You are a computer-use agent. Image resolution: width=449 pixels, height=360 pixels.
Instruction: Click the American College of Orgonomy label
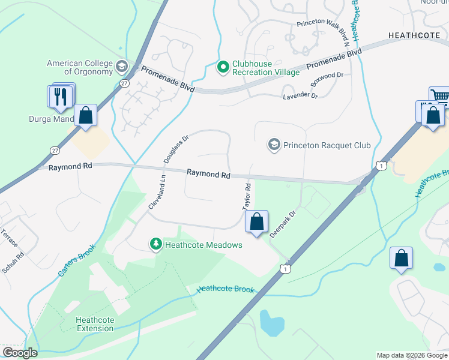[80, 67]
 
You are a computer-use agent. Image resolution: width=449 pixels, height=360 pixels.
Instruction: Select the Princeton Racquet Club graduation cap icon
[274, 145]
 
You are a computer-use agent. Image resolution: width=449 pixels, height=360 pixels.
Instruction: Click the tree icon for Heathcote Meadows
[155, 244]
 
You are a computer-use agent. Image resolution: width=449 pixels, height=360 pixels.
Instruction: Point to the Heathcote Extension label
[95, 324]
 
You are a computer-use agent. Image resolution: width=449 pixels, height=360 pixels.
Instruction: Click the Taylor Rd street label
[246, 197]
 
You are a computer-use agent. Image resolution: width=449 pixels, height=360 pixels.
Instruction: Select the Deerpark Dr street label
[283, 224]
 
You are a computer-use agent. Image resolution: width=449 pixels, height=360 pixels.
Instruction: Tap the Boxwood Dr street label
[326, 80]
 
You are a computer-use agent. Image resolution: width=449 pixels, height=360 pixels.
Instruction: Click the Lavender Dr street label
[301, 95]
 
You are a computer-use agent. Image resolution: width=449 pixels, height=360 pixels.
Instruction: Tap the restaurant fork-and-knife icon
[60, 97]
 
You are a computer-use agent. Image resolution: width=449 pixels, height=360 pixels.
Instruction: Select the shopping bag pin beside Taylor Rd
[256, 221]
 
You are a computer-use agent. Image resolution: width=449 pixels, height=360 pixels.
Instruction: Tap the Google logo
[20, 353]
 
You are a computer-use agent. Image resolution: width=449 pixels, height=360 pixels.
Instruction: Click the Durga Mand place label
[51, 119]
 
